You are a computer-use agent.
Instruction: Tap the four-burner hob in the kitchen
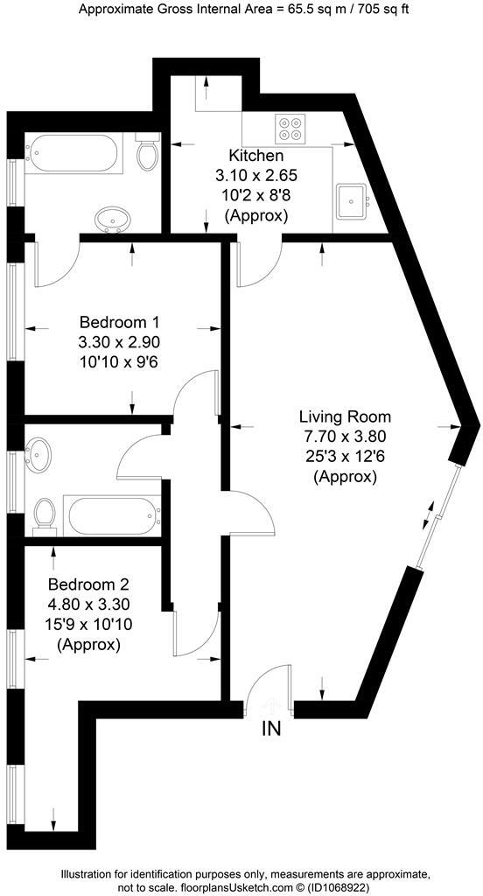click(x=291, y=129)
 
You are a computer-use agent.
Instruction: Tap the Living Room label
click(x=345, y=416)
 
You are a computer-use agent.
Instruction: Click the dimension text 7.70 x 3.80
click(x=345, y=437)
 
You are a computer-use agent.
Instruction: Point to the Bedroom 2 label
click(x=88, y=584)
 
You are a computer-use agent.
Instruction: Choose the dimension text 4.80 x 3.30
click(x=88, y=604)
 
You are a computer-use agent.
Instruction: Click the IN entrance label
click(x=272, y=729)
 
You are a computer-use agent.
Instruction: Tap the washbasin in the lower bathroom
click(x=40, y=455)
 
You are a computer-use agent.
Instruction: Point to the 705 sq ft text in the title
click(x=371, y=10)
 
